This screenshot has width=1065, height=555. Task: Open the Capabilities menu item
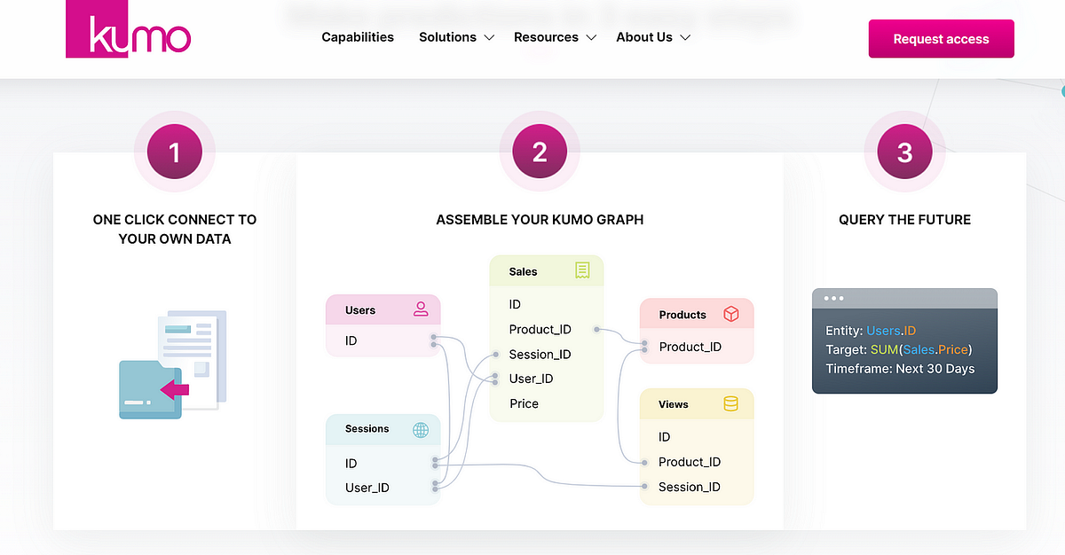pyautogui.click(x=358, y=37)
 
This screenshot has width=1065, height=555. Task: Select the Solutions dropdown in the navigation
pyautogui.click(x=456, y=37)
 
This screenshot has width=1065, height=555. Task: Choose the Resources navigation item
pyautogui.click(x=555, y=37)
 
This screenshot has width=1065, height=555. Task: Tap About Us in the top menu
pyautogui.click(x=653, y=37)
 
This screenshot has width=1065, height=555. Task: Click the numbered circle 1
pyautogui.click(x=175, y=152)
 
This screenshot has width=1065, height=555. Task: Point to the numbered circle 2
pyautogui.click(x=540, y=152)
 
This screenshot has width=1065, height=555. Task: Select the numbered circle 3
pyautogui.click(x=904, y=152)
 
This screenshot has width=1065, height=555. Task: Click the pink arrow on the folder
pyautogui.click(x=176, y=388)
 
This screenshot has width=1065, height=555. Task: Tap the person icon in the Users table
pyautogui.click(x=421, y=309)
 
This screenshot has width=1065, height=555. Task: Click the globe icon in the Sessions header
pyautogui.click(x=421, y=429)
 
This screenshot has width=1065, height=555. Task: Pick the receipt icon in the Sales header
pyautogui.click(x=582, y=270)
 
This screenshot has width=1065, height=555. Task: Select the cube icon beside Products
pyautogui.click(x=731, y=314)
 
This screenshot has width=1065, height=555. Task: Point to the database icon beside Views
pyautogui.click(x=730, y=404)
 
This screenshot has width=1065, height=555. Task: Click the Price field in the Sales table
pyautogui.click(x=524, y=403)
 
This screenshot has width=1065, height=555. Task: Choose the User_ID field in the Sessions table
pyautogui.click(x=367, y=488)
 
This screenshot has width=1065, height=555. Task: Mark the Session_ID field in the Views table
pyautogui.click(x=689, y=487)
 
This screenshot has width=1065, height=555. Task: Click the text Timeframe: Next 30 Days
pyautogui.click(x=900, y=369)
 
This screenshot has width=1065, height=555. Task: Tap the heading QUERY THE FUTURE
pyautogui.click(x=904, y=220)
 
